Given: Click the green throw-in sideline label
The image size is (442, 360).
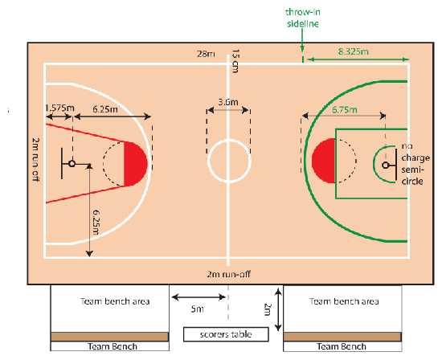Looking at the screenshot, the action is tap(303, 18).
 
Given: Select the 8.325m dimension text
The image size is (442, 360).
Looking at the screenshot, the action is tap(354, 51).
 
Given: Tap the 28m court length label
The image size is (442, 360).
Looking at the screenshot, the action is tap(206, 54).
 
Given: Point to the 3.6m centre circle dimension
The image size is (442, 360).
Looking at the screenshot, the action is tap(228, 102).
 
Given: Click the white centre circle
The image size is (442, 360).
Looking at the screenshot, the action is tap(208, 161).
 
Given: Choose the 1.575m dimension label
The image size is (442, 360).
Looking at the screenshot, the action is tap(59, 108).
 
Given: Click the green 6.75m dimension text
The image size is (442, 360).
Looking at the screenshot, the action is tap(345, 109).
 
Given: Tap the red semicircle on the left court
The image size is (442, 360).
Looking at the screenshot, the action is tap(135, 164).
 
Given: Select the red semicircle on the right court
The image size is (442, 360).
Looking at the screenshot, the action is tap(324, 161).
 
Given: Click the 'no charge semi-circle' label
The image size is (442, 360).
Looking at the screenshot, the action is tap(415, 163).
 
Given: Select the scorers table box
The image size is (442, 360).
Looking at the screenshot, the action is tap(226, 334).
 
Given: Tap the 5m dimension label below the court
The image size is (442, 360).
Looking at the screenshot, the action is tap(198, 309).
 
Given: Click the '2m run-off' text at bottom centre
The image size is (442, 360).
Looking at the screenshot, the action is tap(228, 274).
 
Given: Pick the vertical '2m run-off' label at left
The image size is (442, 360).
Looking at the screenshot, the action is tap(35, 159).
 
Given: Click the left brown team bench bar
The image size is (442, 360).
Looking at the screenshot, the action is tap(109, 337).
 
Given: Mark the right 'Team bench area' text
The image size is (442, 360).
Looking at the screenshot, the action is tap(344, 301).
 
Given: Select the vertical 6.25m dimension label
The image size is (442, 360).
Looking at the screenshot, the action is tap(96, 222).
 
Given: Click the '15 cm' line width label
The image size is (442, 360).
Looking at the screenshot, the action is tap(235, 61).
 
